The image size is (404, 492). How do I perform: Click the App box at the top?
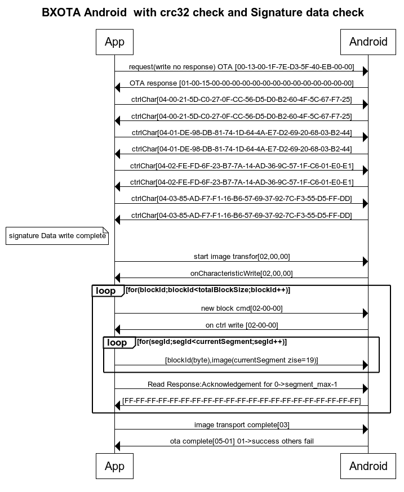(x=115, y=42)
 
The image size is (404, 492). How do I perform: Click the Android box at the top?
(x=368, y=42)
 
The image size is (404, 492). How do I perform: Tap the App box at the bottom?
(x=115, y=466)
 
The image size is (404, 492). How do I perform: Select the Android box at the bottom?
(x=368, y=466)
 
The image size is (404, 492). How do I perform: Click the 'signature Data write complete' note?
(x=57, y=236)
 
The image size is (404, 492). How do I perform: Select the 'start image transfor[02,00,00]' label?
(x=242, y=257)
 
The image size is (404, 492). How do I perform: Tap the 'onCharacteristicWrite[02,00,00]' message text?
(x=242, y=273)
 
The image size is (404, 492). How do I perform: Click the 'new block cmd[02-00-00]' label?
(x=242, y=308)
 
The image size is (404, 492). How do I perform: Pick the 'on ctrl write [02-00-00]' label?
(x=242, y=325)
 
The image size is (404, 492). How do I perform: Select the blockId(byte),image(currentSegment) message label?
(x=242, y=360)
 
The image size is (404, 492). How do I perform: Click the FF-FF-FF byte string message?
(x=242, y=401)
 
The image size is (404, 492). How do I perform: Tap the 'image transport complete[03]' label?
(x=242, y=425)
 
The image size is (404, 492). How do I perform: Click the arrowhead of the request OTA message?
(x=365, y=71)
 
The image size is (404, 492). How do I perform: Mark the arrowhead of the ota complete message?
(x=118, y=446)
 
